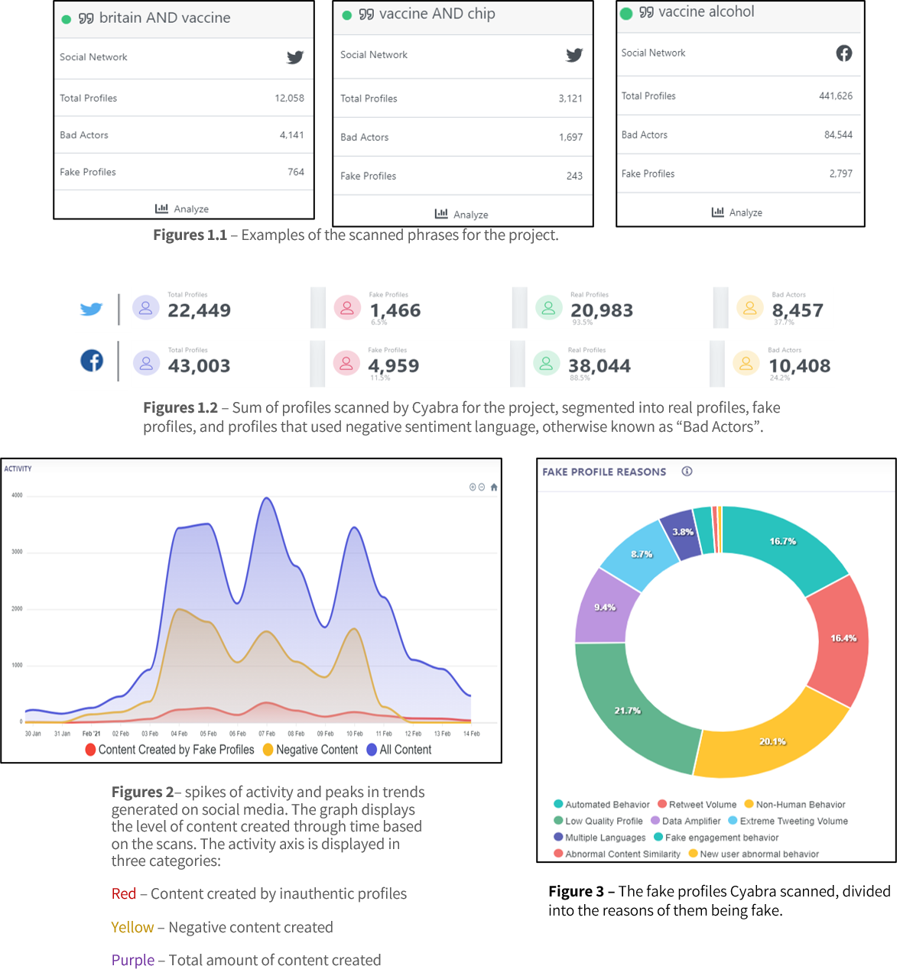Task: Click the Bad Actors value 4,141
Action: click(291, 135)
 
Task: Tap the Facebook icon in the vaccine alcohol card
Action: click(843, 53)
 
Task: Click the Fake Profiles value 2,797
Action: click(840, 173)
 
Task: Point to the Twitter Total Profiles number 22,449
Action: click(199, 310)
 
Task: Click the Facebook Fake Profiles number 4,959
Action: click(394, 366)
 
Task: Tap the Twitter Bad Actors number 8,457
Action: click(798, 310)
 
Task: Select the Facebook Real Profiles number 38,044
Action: click(599, 366)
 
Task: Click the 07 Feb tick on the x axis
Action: click(266, 734)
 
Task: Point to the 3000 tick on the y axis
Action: click(17, 552)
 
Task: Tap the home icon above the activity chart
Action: click(494, 487)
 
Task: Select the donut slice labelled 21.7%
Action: click(627, 711)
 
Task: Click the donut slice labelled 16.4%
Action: click(843, 638)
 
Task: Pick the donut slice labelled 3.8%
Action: click(682, 533)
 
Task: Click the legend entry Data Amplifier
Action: click(690, 821)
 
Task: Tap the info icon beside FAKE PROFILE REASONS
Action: click(687, 472)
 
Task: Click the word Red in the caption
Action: click(124, 894)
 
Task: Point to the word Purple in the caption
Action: click(133, 961)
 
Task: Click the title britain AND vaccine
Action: click(164, 18)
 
